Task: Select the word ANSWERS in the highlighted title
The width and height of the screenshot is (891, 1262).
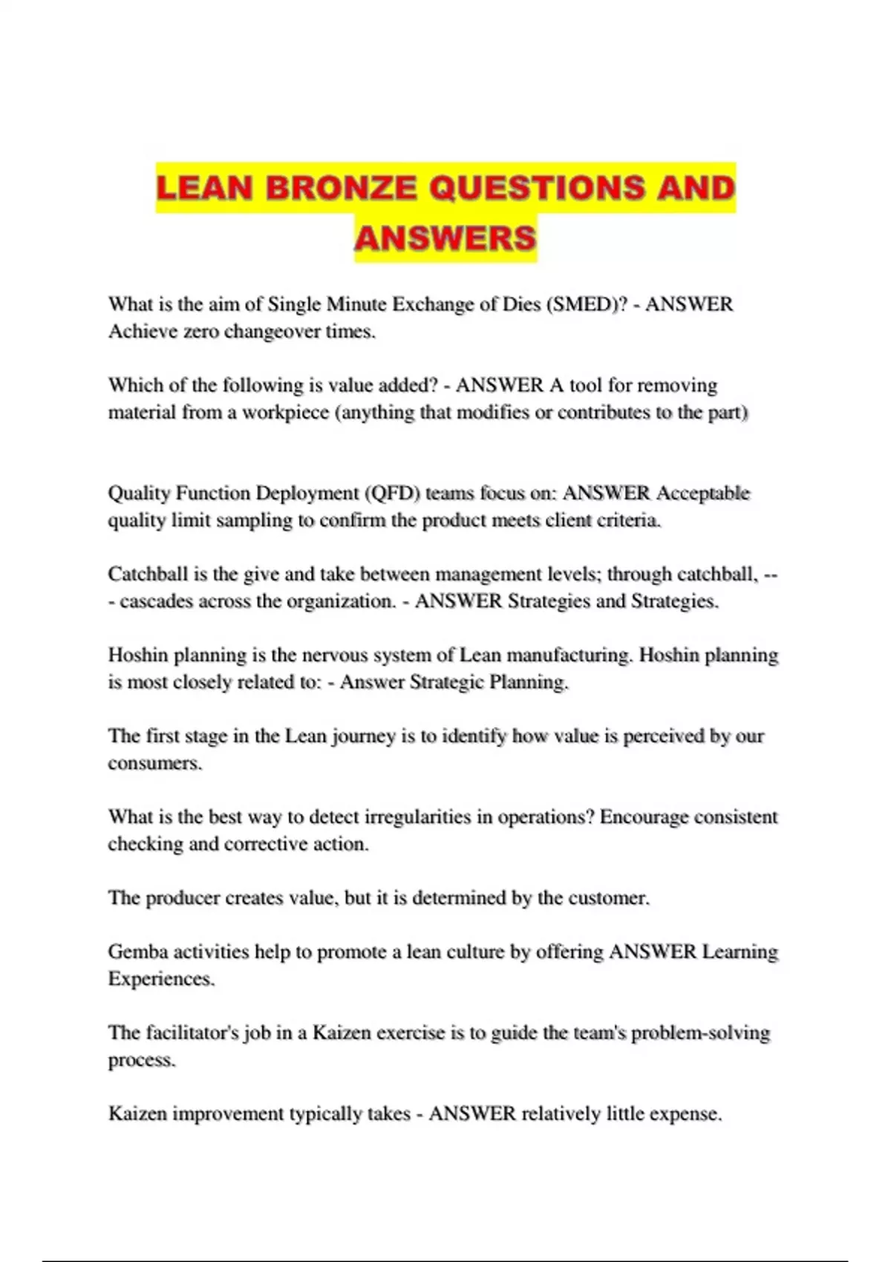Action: pos(445,238)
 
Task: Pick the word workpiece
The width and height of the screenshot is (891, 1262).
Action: pos(285,413)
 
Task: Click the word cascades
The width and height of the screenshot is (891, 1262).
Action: pos(154,601)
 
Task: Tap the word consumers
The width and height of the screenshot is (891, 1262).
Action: pos(154,763)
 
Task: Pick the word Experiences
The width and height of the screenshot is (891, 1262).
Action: pos(161,979)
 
